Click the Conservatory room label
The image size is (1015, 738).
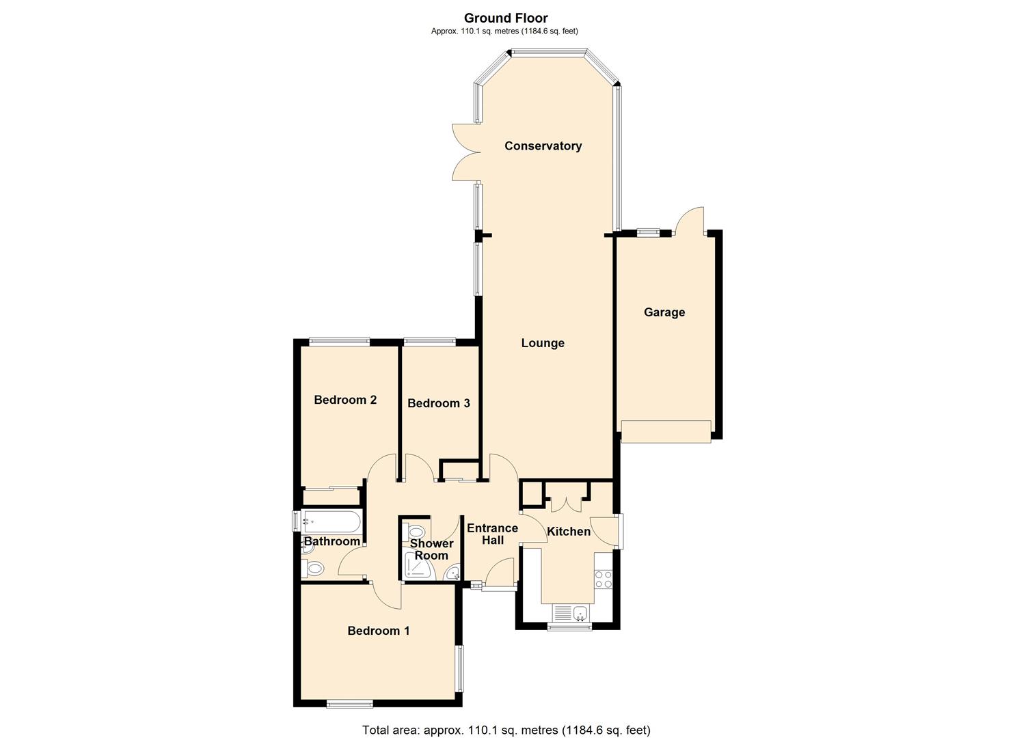point(543,146)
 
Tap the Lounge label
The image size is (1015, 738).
point(543,343)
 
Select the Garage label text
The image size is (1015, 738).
point(664,312)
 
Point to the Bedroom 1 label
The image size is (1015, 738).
point(378,631)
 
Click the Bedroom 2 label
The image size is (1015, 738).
point(345,400)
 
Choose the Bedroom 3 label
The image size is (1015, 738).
point(438,403)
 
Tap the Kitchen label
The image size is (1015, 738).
point(569,531)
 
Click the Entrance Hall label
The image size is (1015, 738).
point(492,534)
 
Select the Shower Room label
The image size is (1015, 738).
point(431,549)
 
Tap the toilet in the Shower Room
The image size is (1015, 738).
point(414,532)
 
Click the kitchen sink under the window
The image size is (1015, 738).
point(571,612)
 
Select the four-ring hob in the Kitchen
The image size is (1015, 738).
point(604,579)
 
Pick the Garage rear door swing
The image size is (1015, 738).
point(689,221)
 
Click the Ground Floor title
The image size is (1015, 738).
point(505,18)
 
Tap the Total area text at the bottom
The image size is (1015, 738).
point(506,730)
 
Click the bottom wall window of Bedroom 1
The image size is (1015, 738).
point(349,704)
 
